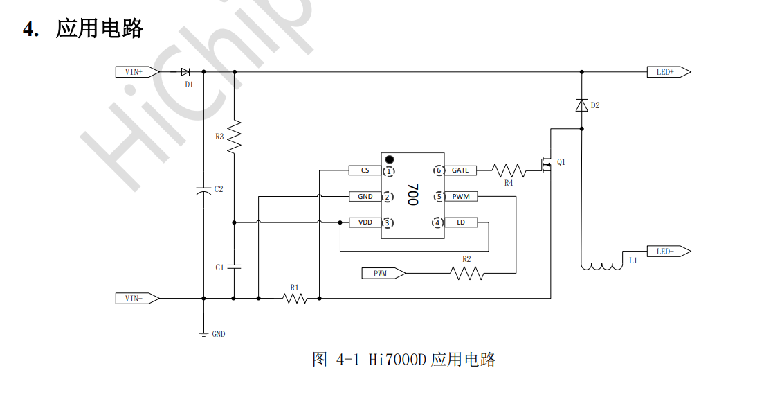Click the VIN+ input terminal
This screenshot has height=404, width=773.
click(138, 72)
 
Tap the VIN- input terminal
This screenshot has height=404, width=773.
click(138, 298)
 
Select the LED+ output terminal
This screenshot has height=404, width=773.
click(669, 72)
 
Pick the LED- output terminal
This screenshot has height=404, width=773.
click(669, 252)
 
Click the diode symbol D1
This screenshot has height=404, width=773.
click(185, 72)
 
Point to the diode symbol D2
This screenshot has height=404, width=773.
click(582, 105)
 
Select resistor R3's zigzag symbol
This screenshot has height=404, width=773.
click(234, 135)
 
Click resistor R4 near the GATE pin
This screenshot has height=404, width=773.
click(509, 171)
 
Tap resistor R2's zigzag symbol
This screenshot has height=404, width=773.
click(466, 273)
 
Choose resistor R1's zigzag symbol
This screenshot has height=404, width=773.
click(295, 298)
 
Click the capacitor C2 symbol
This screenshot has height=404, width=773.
click(203, 191)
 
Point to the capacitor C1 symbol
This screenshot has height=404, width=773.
click(234, 267)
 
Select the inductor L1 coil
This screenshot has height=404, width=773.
click(601, 267)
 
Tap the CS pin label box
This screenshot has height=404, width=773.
click(365, 170)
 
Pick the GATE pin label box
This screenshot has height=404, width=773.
click(460, 170)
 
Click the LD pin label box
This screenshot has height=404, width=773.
click(461, 222)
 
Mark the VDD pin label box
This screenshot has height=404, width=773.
click(365, 222)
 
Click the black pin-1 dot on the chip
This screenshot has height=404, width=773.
click(390, 159)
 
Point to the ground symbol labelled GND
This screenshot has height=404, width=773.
click(203, 335)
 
